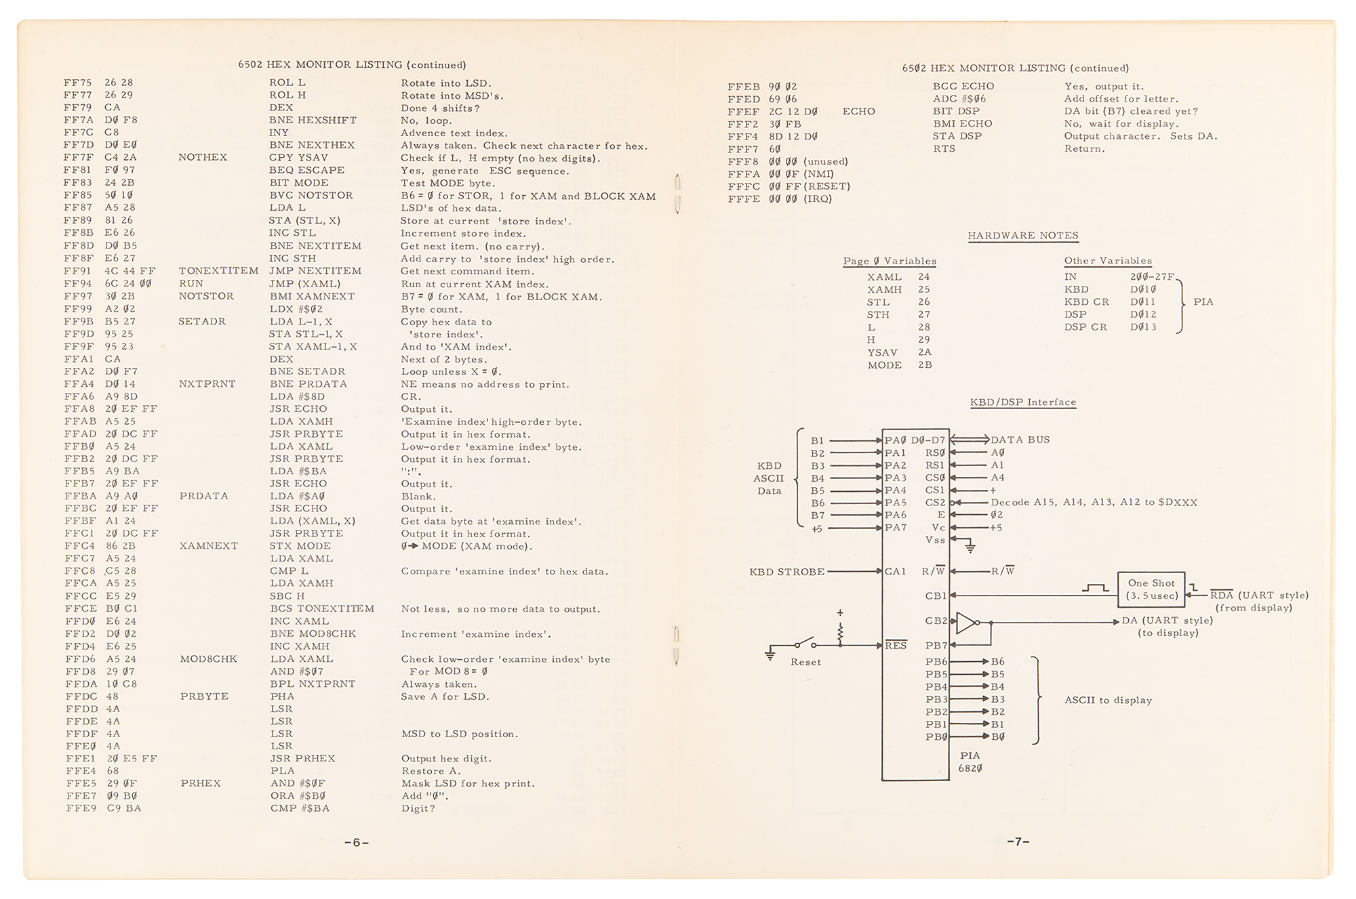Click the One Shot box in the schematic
[1151, 589]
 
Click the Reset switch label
[805, 662]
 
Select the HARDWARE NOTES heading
[1022, 236]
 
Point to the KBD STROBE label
[786, 572]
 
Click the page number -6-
[356, 843]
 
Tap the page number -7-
[1018, 841]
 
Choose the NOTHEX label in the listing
[203, 157]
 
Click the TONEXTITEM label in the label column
[218, 271]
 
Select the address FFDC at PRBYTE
[80, 696]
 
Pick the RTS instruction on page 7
[944, 148]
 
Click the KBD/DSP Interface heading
[1022, 402]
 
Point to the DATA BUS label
[1020, 440]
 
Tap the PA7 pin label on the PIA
[895, 528]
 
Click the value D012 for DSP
[1143, 314]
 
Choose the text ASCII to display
[1108, 701]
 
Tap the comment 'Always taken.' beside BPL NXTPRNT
[439, 684]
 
